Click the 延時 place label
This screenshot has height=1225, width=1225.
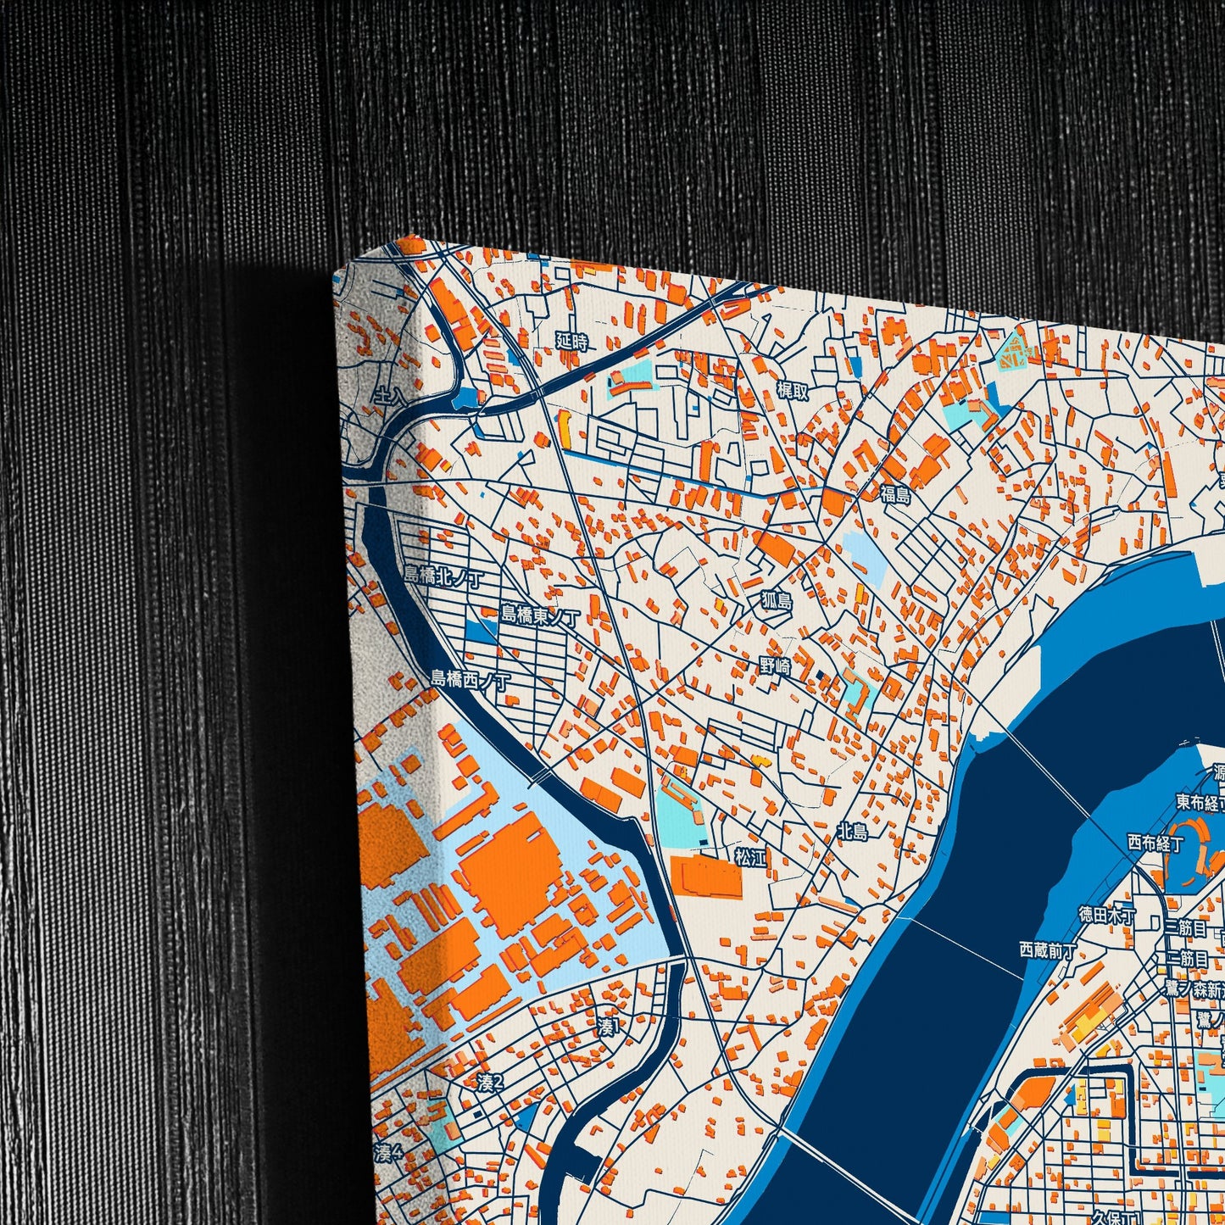(571, 342)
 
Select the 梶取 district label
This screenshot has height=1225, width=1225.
(793, 390)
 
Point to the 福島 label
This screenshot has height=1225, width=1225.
(894, 494)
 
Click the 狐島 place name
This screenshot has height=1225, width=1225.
(776, 601)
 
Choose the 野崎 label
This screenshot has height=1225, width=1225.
(776, 667)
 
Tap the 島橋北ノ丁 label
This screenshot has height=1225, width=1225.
(443, 576)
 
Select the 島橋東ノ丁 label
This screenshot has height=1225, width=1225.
(540, 615)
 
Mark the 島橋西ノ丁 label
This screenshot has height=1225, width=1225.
(471, 679)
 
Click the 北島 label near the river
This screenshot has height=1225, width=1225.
(853, 832)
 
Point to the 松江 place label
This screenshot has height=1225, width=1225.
(750, 857)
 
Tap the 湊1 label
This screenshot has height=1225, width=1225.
(610, 1027)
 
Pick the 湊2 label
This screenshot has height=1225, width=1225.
(490, 1083)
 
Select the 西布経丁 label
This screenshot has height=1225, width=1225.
(1155, 843)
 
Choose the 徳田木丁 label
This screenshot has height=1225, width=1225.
(1107, 915)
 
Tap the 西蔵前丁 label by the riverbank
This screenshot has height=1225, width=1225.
(1047, 950)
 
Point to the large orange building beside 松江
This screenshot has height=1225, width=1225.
(705, 877)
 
